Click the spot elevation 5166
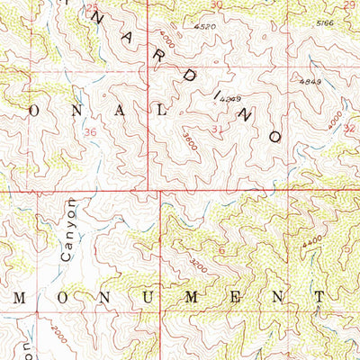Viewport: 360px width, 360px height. pos(326,22)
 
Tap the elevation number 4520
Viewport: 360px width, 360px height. pos(205,28)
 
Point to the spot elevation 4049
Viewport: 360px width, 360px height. pos(232,99)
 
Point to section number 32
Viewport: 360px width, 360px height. pos(349,128)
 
